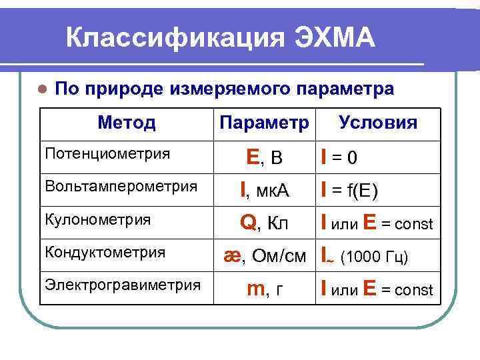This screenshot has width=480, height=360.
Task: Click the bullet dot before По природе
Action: point(43,89)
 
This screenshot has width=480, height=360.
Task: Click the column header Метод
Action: point(127,123)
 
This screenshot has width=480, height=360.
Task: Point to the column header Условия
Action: point(378,123)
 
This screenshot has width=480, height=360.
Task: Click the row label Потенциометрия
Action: point(106,153)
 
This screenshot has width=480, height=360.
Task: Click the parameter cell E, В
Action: point(264,157)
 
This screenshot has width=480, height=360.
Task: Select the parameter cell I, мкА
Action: point(264,191)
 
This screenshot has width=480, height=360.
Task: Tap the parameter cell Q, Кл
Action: point(264,224)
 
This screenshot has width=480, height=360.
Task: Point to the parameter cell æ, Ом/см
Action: point(264,257)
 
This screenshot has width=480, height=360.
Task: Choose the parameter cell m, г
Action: point(264,289)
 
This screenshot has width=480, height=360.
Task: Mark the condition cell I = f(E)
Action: point(349,191)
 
